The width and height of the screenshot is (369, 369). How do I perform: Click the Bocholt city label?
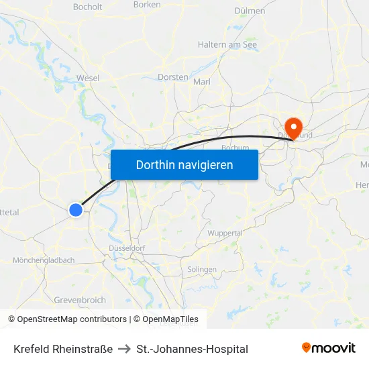[87, 7]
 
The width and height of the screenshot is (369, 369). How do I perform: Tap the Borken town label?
[147, 4]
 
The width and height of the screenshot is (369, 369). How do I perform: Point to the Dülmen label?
[250, 11]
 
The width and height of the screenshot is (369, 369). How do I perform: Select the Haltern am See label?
[227, 44]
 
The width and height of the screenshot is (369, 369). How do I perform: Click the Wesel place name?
[88, 78]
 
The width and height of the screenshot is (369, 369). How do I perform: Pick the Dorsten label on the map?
[172, 77]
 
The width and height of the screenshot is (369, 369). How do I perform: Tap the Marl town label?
[202, 82]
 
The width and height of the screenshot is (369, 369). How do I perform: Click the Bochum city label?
[235, 148]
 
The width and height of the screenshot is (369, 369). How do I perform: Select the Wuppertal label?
[225, 233]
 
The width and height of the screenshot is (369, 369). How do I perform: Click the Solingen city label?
[202, 269]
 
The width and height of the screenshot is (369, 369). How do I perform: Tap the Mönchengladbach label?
[44, 260]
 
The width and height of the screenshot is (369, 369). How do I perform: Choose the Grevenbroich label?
[79, 300]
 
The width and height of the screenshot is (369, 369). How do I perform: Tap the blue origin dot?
[76, 210]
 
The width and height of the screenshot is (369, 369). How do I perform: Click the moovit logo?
[328, 348]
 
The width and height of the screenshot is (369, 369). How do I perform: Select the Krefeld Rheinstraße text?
[63, 349]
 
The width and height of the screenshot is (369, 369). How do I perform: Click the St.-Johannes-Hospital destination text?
[192, 349]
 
